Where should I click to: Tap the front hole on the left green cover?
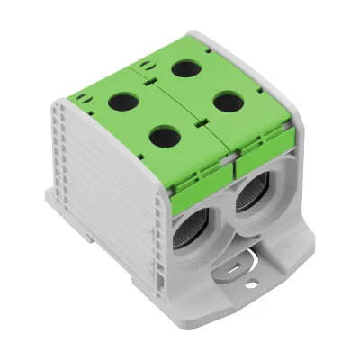coord(164,137)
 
